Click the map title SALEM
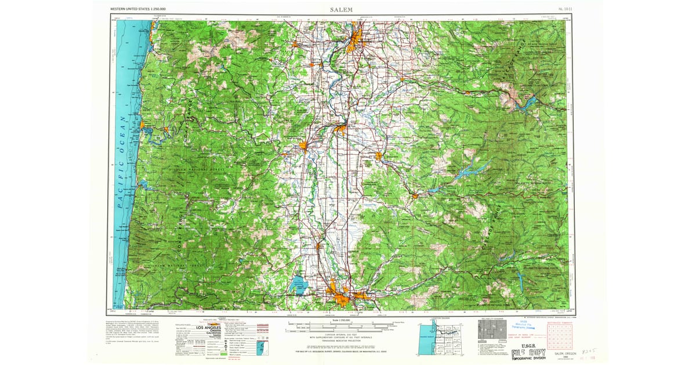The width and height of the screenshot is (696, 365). coord(341,9)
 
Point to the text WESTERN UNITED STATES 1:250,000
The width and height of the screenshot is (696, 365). coord(137,10)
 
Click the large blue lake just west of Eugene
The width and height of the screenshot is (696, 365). coord(300,285)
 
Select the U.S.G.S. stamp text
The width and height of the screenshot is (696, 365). coord(528,346)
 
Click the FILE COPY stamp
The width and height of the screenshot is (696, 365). coord(529,354)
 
